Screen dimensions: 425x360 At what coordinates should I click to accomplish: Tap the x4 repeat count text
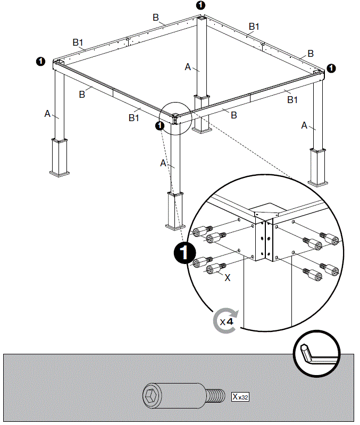(227, 321)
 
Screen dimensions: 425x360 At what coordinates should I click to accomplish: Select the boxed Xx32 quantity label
(240, 396)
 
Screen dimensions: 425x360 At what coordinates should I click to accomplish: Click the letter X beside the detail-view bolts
(227, 277)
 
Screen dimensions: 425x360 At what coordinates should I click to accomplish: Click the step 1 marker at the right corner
(331, 67)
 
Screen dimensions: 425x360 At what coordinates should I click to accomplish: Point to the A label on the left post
(47, 113)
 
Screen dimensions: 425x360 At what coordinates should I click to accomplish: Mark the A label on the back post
(187, 67)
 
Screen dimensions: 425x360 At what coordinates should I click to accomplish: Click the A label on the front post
(163, 163)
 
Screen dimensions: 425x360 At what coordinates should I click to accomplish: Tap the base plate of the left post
(60, 173)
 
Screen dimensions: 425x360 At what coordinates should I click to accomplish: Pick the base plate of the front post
(175, 227)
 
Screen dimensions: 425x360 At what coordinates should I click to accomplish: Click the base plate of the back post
(202, 129)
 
